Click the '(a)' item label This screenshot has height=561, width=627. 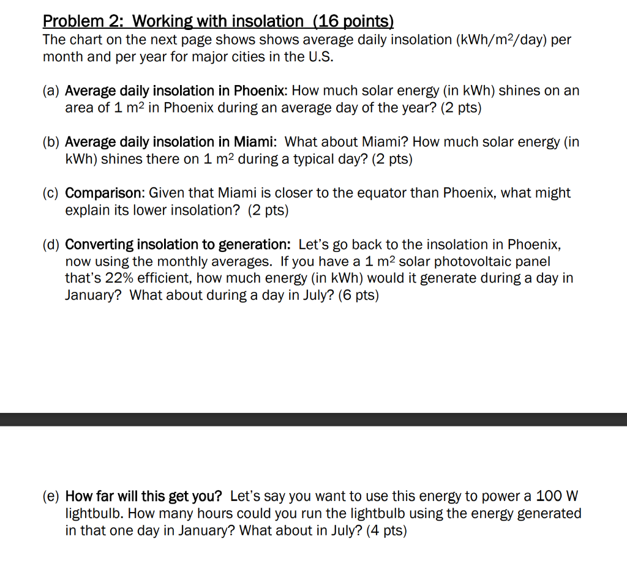(51, 91)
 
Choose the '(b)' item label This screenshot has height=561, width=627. (51, 143)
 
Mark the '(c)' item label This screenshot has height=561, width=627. (51, 193)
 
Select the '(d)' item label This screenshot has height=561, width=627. (51, 245)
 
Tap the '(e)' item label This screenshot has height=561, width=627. (51, 496)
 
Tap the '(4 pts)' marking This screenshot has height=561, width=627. (386, 530)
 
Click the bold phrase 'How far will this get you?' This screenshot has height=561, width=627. (144, 496)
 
